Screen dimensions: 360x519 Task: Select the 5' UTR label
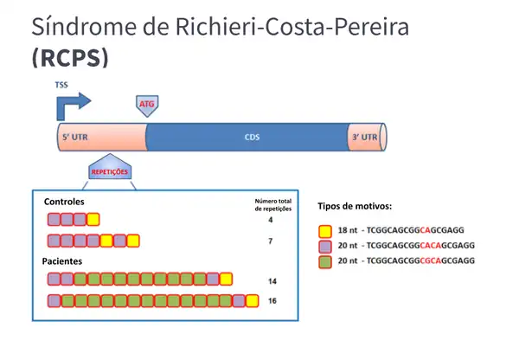pos(75,138)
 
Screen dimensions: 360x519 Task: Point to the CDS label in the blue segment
pos(252,138)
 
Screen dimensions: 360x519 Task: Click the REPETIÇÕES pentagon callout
pos(110,170)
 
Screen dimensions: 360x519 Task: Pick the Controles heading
pos(64,202)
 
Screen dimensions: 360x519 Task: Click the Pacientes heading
pos(62,260)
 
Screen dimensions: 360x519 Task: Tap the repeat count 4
pos(271,220)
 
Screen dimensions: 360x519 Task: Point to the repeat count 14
pos(272,280)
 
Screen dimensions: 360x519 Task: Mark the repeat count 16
pos(272,301)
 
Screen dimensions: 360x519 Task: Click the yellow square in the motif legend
pos(325,231)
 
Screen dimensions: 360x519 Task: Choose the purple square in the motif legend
pos(325,246)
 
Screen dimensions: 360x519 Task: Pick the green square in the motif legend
pos(325,260)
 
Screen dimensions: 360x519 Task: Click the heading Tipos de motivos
pos(355,206)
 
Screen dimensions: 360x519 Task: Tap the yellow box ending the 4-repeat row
pos(93,219)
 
